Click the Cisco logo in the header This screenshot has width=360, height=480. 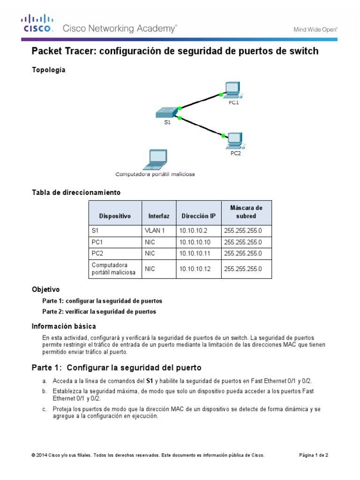37,23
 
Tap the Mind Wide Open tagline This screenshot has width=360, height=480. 315,29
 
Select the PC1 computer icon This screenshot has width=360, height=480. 232,89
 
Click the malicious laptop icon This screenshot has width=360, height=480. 155,159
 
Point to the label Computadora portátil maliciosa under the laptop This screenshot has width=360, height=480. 155,174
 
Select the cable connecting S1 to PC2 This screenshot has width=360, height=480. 201,127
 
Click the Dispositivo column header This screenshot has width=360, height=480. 115,216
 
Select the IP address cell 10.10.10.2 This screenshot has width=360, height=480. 193,231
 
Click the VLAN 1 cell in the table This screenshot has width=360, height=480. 155,231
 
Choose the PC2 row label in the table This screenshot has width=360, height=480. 97,254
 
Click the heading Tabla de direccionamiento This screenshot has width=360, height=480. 76,193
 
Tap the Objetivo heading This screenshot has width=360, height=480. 45,290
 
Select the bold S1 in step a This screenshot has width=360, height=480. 150,381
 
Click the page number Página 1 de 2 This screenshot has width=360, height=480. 314,455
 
